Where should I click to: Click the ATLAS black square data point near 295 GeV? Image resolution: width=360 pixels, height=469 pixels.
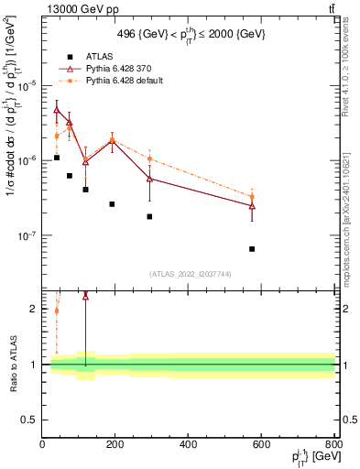pos(149,216)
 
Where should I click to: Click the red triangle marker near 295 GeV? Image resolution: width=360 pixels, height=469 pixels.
pos(149,179)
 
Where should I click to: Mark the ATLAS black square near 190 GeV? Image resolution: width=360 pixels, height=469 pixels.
pos(112,203)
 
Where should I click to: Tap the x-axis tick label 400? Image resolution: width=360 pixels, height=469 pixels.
pos(188,444)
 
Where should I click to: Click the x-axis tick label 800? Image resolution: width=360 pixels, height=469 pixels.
pos(333,444)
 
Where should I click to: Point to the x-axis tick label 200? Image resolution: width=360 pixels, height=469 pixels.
pos(115,444)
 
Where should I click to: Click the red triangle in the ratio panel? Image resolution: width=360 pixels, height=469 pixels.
pos(85,296)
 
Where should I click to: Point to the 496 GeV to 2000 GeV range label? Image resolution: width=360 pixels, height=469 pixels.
pos(189,33)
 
